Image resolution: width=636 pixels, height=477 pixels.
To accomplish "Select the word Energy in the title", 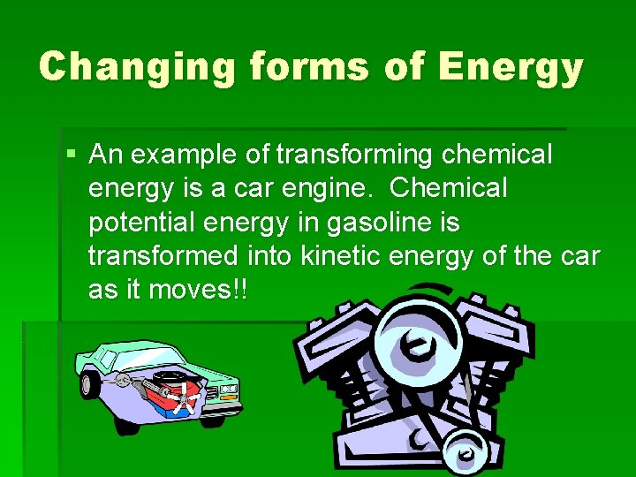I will [x=511, y=68].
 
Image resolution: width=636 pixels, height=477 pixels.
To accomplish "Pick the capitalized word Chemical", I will [x=449, y=188].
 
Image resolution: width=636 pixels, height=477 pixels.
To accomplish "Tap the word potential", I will [x=144, y=222].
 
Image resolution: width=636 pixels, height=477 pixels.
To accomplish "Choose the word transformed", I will [x=163, y=255].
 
